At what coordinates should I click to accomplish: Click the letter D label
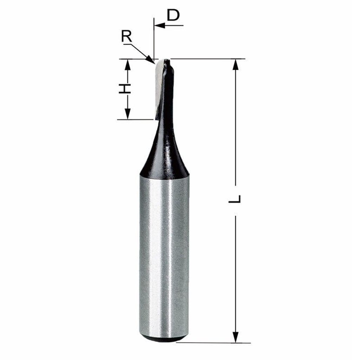pyautogui.click(x=173, y=15)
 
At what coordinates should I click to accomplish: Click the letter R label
pyautogui.click(x=127, y=36)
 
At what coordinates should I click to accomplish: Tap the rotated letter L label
pyautogui.click(x=234, y=199)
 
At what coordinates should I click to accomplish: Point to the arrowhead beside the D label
pyautogui.click(x=160, y=25)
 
